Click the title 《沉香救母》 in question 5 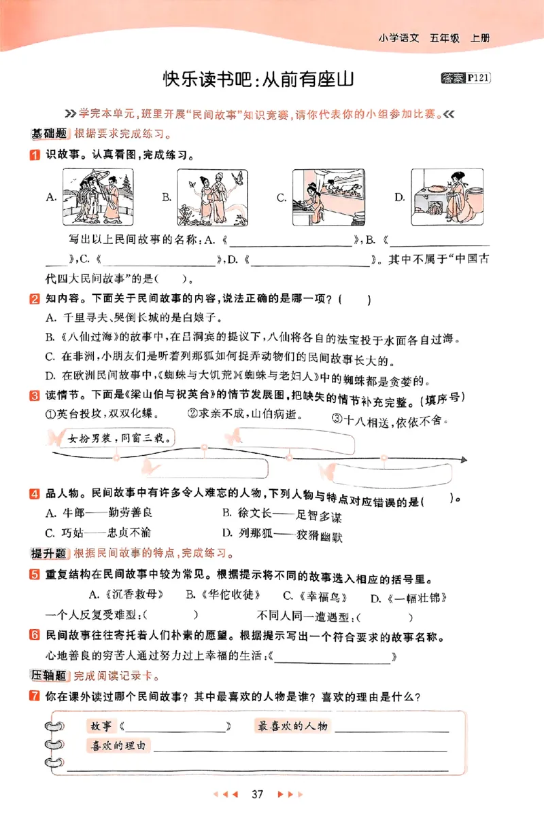[131, 595]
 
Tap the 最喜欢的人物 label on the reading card [292, 726]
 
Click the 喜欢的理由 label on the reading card [118, 746]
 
